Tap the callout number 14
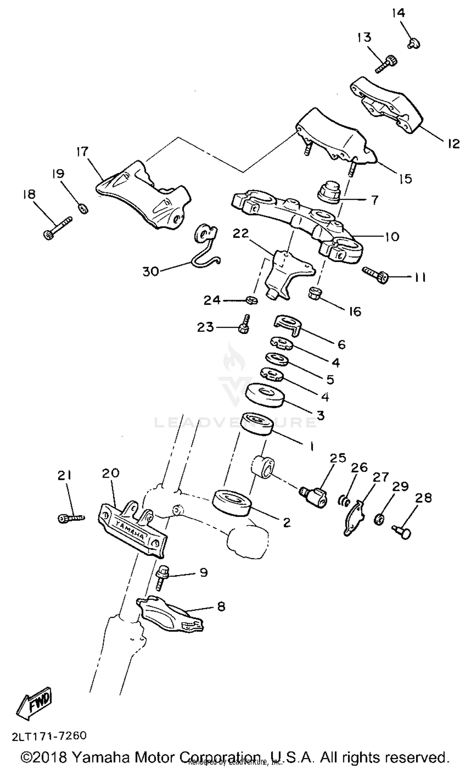(398, 13)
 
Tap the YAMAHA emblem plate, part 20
(132, 533)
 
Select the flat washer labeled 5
(277, 359)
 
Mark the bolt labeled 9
(162, 577)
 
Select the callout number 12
(453, 144)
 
